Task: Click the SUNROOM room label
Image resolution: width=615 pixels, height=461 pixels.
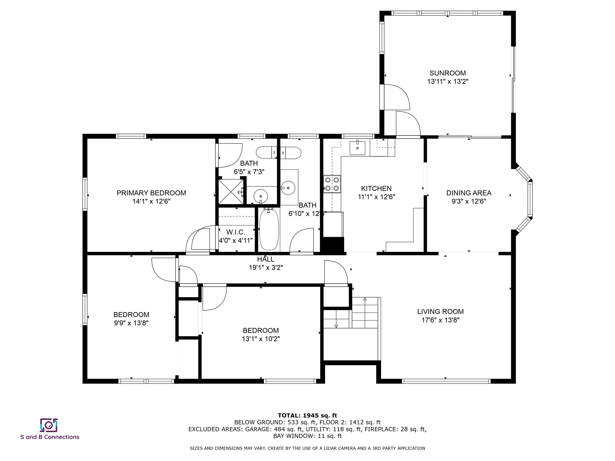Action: (448, 73)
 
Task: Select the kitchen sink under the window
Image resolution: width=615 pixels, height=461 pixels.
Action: (357, 147)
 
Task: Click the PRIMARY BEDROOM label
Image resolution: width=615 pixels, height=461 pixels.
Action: (151, 193)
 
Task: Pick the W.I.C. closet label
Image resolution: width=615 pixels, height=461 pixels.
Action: (236, 232)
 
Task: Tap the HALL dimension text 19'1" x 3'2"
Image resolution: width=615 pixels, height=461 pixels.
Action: (266, 268)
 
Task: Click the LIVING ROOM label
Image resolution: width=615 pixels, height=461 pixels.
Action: (440, 312)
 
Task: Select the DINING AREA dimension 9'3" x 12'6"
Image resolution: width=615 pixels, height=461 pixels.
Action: (469, 201)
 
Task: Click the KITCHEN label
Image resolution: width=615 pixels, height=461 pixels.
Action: (376, 188)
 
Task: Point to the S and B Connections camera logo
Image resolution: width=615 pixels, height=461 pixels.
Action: (49, 425)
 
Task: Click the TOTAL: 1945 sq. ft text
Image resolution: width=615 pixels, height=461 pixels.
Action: (307, 415)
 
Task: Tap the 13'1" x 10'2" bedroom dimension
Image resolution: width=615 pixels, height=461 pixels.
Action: (261, 339)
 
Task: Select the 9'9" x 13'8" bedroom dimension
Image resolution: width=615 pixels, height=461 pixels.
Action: (131, 323)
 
